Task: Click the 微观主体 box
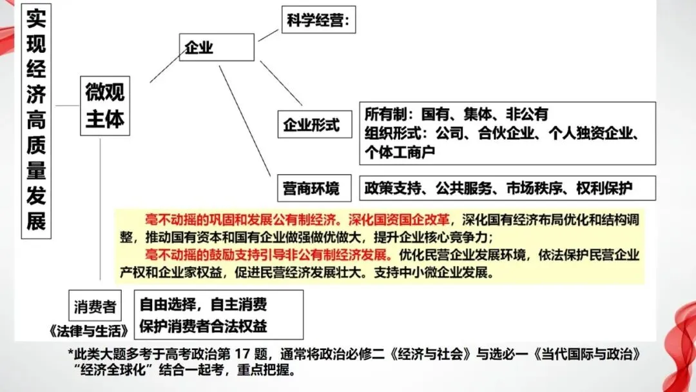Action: [105, 106]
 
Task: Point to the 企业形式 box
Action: [311, 124]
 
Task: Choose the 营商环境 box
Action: [311, 189]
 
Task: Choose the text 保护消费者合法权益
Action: [203, 326]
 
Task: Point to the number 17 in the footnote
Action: [264, 355]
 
